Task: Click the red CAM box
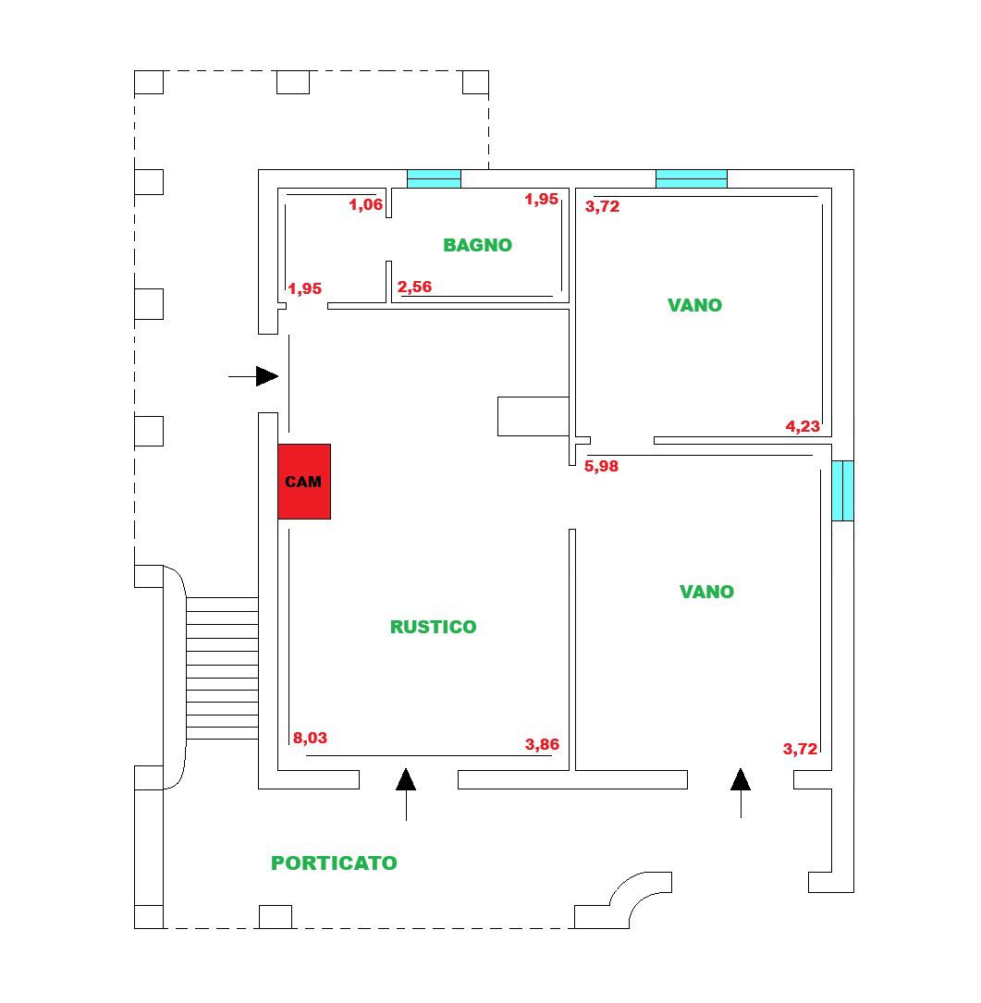click(x=304, y=482)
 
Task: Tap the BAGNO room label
click(x=477, y=245)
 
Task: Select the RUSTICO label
click(x=434, y=627)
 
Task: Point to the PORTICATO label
click(x=334, y=862)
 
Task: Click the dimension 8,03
click(x=310, y=739)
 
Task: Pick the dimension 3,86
click(x=542, y=744)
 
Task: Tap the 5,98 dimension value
click(x=602, y=466)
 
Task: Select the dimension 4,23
click(x=803, y=426)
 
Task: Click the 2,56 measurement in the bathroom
click(x=414, y=287)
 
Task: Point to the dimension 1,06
click(x=365, y=204)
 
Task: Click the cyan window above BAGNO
click(x=434, y=179)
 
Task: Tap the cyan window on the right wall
click(x=843, y=491)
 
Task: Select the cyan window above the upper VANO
click(x=692, y=179)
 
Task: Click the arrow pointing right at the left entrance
click(x=253, y=377)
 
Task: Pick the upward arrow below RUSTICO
click(x=406, y=794)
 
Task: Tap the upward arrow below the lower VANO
click(x=741, y=793)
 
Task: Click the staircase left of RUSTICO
click(x=222, y=668)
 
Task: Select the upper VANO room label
click(x=695, y=305)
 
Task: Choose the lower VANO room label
click(x=706, y=592)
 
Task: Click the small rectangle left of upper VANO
click(x=533, y=416)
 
